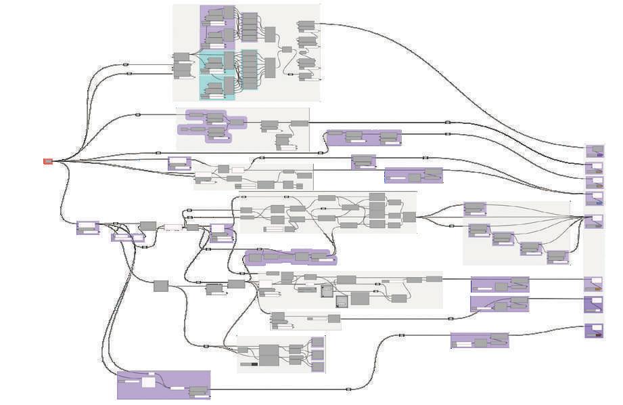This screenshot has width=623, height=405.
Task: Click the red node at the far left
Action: (48, 161)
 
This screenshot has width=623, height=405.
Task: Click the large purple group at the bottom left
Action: (163, 384)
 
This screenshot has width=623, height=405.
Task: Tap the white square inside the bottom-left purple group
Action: (148, 382)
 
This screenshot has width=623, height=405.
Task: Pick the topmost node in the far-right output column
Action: (594, 151)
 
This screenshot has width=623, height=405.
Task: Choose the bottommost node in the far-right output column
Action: (594, 331)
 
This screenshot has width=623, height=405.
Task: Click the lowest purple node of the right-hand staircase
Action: (557, 257)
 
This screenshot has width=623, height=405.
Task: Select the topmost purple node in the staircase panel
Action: (475, 209)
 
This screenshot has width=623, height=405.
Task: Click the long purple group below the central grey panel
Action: (290, 257)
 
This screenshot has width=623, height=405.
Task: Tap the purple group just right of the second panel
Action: (363, 137)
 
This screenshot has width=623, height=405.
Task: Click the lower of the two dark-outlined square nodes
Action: (342, 301)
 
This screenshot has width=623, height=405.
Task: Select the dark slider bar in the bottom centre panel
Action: (254, 364)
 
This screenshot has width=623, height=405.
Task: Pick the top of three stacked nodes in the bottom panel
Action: (317, 342)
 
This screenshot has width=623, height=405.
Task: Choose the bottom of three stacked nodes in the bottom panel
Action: (317, 366)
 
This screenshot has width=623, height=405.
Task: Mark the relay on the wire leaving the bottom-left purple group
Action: (348, 389)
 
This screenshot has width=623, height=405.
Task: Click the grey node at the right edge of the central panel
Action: (409, 217)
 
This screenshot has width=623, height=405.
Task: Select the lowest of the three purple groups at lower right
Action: (480, 341)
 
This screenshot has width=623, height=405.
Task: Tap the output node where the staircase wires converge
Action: (593, 221)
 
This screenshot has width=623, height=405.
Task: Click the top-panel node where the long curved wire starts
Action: (306, 26)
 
